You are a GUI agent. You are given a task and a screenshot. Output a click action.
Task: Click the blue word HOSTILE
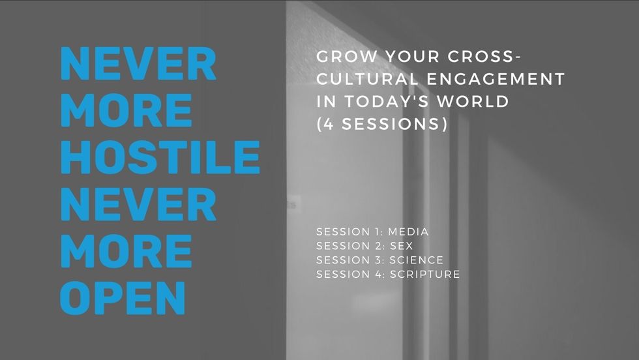pos(160,157)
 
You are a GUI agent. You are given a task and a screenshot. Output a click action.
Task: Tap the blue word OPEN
pos(123,297)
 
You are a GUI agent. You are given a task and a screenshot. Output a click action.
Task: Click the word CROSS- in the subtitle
pos(484,56)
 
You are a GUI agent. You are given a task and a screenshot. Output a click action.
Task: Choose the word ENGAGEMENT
pos(496,79)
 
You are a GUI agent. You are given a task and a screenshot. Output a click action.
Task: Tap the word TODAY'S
pos(387,101)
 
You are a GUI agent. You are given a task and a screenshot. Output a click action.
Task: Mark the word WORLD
pos(473,101)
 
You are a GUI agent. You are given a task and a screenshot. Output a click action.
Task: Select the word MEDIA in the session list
pos(408,232)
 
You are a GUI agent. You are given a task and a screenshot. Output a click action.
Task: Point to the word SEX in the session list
pos(402,246)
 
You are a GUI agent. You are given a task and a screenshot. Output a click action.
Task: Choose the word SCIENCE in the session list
pos(417,260)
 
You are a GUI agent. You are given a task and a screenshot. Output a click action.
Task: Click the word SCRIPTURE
pos(425,274)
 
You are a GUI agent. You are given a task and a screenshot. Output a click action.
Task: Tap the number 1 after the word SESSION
pos(377,232)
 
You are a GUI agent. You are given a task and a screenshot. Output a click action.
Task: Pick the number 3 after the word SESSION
pos(378,260)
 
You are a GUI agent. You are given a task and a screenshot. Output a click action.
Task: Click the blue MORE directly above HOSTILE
pos(126,110)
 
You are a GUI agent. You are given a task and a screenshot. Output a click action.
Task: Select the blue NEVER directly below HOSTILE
pos(138,204)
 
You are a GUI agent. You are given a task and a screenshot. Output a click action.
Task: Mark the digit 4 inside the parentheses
pos(329,123)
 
